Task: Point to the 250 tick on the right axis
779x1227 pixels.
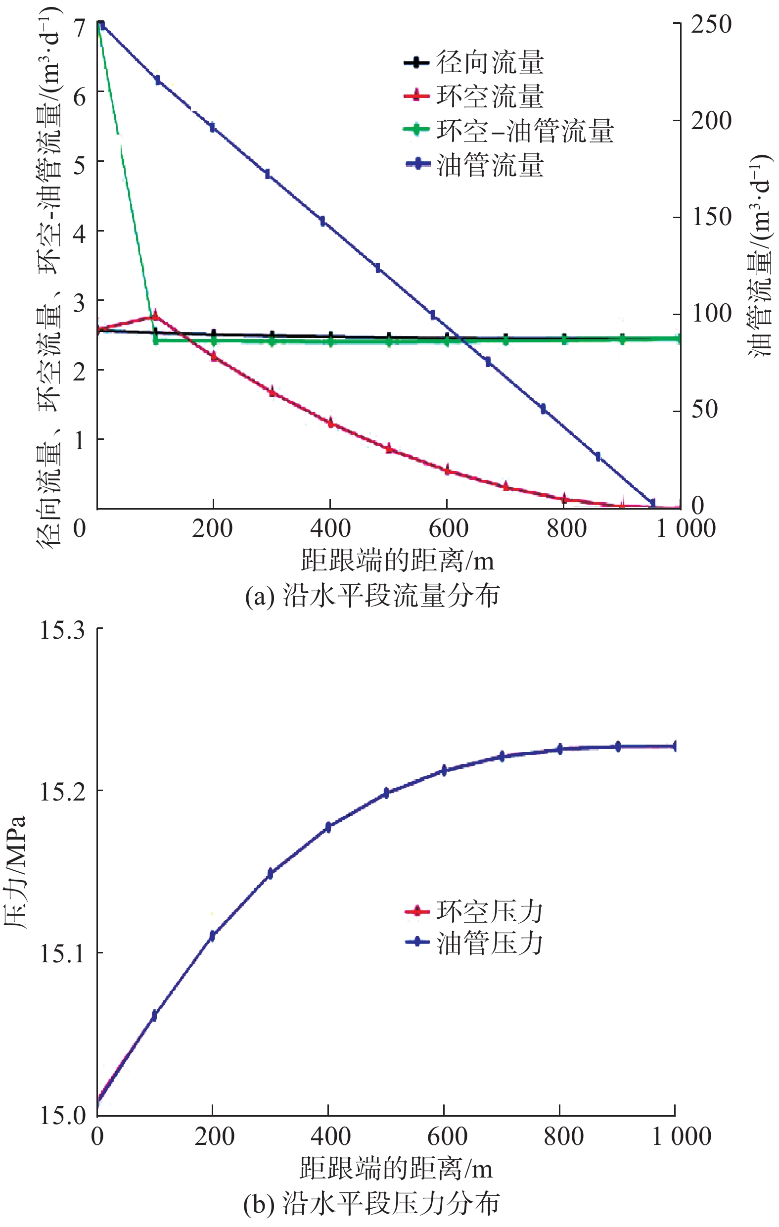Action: [711, 24]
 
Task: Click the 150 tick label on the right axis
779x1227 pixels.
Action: [711, 217]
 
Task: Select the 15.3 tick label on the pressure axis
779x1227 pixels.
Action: [62, 631]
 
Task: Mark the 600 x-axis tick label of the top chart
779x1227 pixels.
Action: [448, 529]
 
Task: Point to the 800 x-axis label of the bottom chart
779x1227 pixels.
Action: [563, 1137]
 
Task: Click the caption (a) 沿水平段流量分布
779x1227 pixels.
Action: [372, 595]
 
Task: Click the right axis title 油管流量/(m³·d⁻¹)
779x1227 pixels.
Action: [759, 255]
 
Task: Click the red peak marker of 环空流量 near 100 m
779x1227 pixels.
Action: [155, 316]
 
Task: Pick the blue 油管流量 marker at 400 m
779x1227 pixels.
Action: [322, 221]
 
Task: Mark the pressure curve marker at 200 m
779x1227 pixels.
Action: [213, 936]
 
